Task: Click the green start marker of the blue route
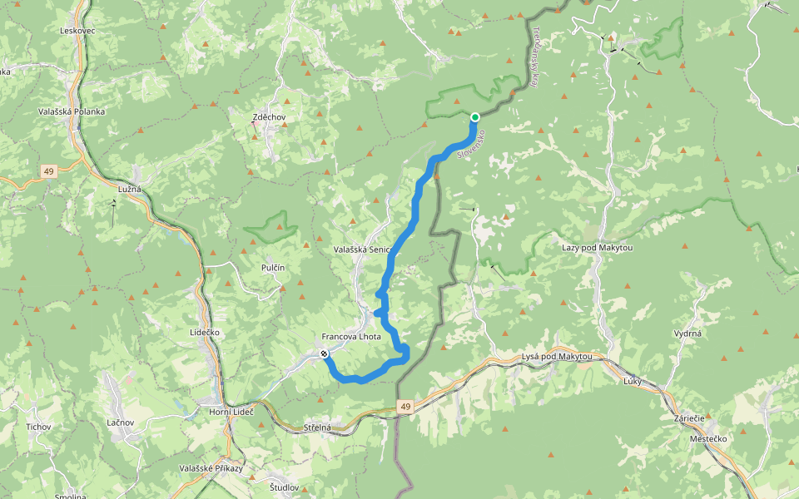point(474,117)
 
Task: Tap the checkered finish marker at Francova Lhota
point(324,354)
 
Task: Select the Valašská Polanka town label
point(72,111)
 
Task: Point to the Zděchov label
point(269,117)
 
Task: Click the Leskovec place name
point(78,31)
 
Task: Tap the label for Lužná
point(129,190)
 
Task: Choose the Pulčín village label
point(273,267)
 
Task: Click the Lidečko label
point(204,332)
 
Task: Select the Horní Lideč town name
point(231,413)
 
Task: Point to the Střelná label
point(317,427)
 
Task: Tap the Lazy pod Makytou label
point(598,248)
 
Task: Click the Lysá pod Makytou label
point(557,357)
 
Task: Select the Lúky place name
point(633,379)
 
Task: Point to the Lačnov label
point(121,422)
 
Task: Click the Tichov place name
point(38,427)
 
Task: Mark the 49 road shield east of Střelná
point(404,407)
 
